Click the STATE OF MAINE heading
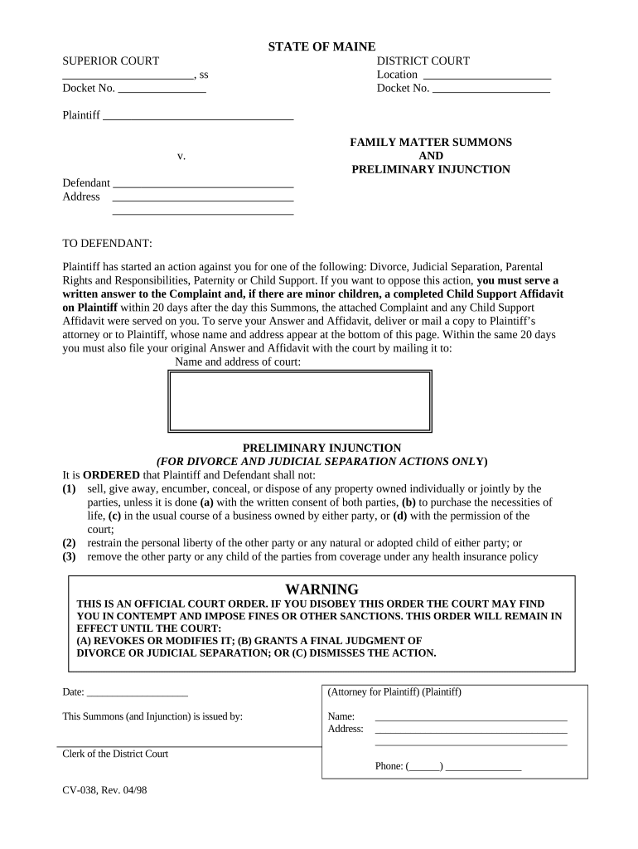point(321,46)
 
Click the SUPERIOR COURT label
point(111,61)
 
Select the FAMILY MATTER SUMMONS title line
point(431,143)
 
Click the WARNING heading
point(321,589)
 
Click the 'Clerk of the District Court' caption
point(115,754)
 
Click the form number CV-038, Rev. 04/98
point(104,790)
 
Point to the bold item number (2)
point(70,543)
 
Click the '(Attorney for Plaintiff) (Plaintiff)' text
point(394,691)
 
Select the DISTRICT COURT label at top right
point(423,61)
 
